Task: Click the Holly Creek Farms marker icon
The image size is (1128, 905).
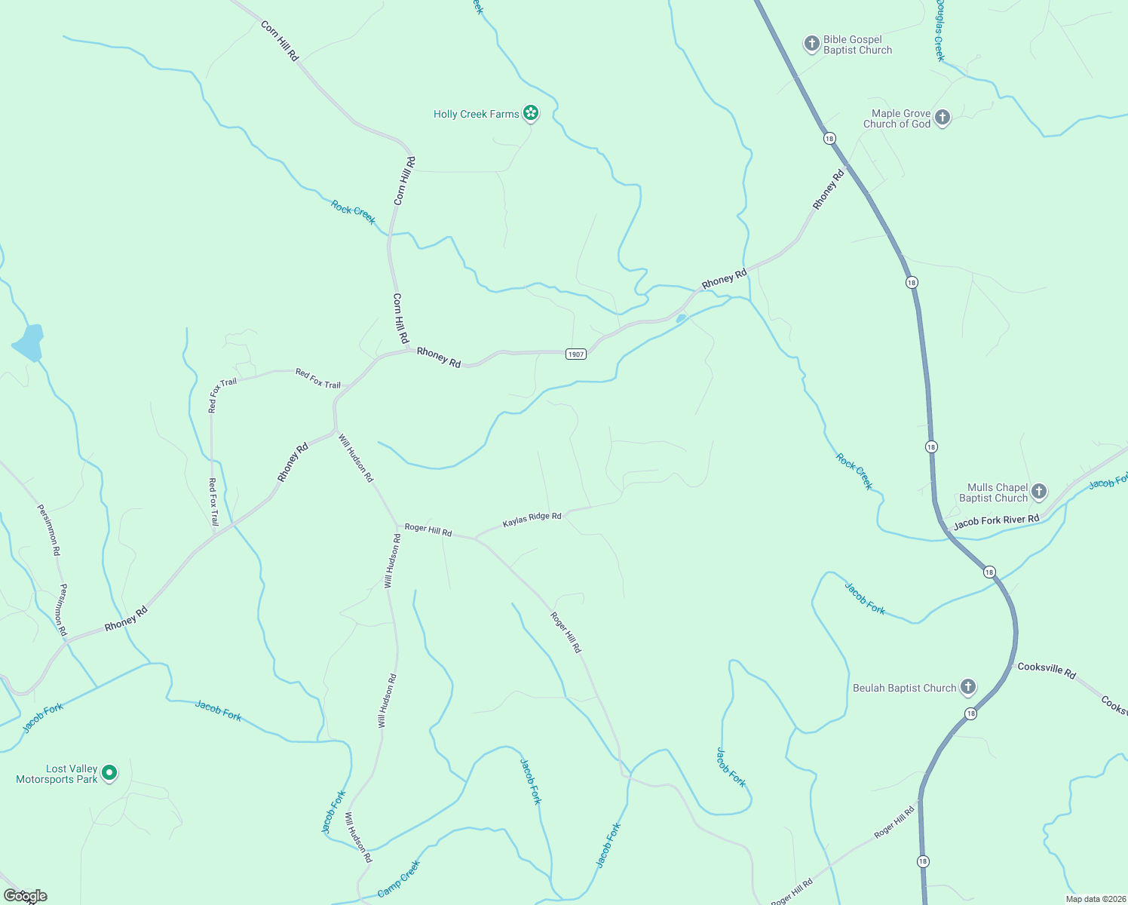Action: pyautogui.click(x=531, y=114)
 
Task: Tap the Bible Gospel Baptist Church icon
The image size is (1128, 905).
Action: pyautogui.click(x=811, y=44)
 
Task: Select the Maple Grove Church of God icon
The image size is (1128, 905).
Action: pyautogui.click(x=942, y=118)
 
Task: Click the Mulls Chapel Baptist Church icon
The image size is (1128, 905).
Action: pyautogui.click(x=1038, y=492)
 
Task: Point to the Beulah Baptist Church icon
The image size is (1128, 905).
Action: pyautogui.click(x=967, y=687)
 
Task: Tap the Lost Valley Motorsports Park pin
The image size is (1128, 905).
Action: pyautogui.click(x=109, y=773)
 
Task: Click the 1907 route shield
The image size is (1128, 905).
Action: pyautogui.click(x=576, y=354)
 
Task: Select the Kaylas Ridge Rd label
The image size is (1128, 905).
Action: pyautogui.click(x=532, y=520)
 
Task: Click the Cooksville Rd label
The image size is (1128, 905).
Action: pyautogui.click(x=1046, y=670)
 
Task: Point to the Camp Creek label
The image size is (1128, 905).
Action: pyautogui.click(x=398, y=879)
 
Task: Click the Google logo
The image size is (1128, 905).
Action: pyautogui.click(x=25, y=896)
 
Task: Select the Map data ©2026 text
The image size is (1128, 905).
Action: pyautogui.click(x=1094, y=899)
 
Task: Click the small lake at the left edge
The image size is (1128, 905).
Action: pyautogui.click(x=29, y=343)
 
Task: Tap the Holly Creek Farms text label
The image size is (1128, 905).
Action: pyautogui.click(x=476, y=115)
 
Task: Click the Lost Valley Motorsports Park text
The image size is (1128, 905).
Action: pyautogui.click(x=57, y=774)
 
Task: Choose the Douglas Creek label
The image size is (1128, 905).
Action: pyautogui.click(x=939, y=30)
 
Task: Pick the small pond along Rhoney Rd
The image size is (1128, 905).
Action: pyautogui.click(x=681, y=319)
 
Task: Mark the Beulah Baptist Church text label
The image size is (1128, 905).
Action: pyautogui.click(x=904, y=688)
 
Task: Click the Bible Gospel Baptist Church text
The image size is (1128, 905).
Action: pyautogui.click(x=857, y=45)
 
